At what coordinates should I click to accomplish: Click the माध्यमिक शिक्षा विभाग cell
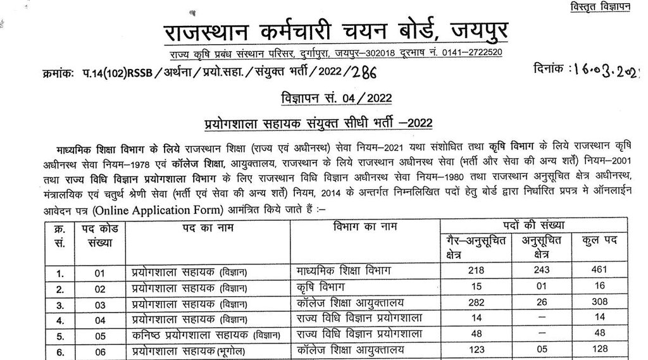344,271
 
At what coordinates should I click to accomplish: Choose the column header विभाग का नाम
361,227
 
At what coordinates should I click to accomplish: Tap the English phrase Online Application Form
168,208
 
